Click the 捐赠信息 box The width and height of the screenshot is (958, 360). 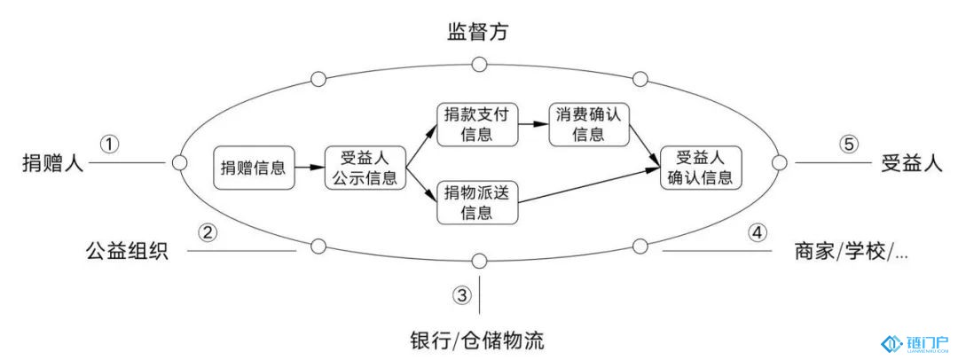point(254,167)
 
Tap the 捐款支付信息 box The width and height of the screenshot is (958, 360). point(478,124)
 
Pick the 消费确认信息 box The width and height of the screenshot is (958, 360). point(588,124)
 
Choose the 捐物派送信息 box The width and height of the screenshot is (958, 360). point(478,201)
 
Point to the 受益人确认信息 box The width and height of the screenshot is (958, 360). point(701,167)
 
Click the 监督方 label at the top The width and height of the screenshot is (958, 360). point(477,34)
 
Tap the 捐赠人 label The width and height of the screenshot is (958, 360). point(52,163)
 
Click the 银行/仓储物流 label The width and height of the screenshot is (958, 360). point(476,339)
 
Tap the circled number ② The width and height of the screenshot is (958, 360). point(208,232)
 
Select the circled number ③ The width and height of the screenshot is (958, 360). point(462,295)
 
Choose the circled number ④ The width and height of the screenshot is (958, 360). point(756,232)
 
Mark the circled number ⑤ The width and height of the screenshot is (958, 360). point(850,143)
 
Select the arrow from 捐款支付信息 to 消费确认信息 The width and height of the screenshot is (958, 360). point(533,125)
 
